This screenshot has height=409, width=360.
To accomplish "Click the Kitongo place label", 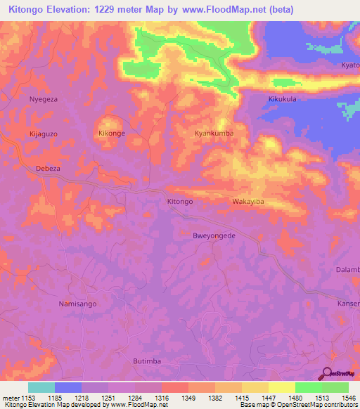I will (x=180, y=202).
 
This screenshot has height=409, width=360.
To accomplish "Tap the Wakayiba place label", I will (x=247, y=202).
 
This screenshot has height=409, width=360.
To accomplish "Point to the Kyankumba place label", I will (x=214, y=133).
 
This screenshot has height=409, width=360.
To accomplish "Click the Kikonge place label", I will (x=112, y=133).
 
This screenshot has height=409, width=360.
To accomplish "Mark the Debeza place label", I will (x=49, y=169).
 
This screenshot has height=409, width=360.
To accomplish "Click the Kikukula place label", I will (x=283, y=99).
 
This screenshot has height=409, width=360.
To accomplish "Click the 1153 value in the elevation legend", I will (x=27, y=397).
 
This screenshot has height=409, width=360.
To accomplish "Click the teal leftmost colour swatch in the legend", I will (x=41, y=387).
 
